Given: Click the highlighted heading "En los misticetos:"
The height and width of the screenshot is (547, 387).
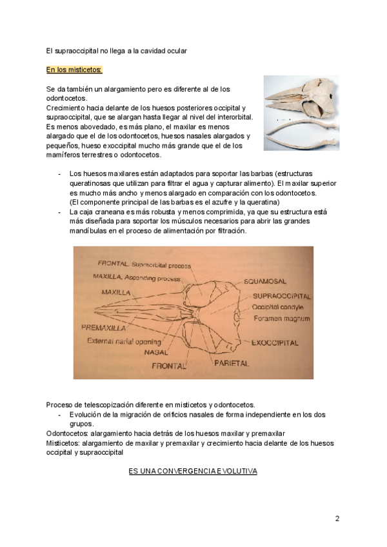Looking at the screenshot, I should point(74,69).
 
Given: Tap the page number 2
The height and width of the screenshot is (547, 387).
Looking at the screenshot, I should point(337,518).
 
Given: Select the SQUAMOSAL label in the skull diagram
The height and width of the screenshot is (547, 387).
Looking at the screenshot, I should point(264,282).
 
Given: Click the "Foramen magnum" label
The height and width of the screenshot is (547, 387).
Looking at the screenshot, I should point(281,319).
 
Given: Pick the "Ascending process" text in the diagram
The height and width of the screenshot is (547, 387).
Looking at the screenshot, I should point(155,276).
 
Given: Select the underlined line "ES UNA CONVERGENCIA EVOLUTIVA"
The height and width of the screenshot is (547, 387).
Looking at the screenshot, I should point(193,472).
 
